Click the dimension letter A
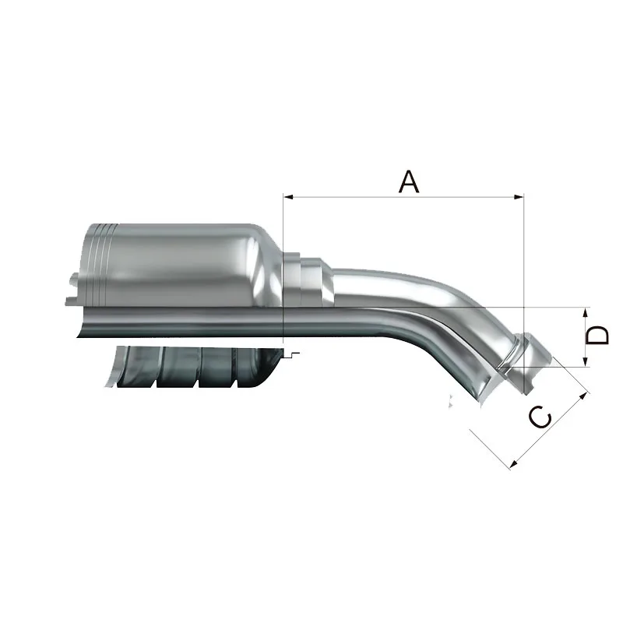(x=408, y=181)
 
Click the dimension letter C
(x=540, y=417)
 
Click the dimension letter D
(x=597, y=335)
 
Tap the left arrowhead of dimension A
(x=288, y=197)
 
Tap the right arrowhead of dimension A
(x=519, y=197)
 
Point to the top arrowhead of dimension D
(x=585, y=312)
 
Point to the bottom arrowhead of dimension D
(x=585, y=361)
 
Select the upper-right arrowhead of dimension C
(x=583, y=396)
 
